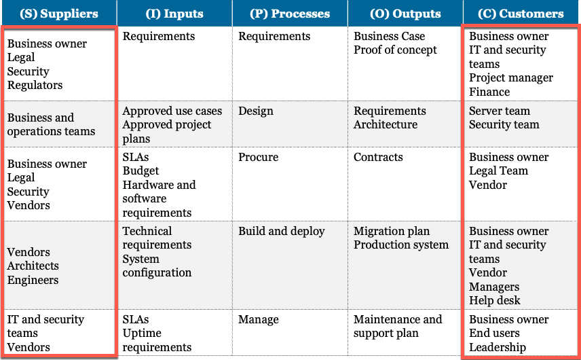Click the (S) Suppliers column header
click(x=59, y=14)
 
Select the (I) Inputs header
click(x=174, y=14)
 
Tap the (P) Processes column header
click(x=290, y=14)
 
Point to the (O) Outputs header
click(x=405, y=14)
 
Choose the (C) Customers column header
click(x=521, y=14)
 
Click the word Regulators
click(x=35, y=86)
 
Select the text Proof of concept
click(x=395, y=50)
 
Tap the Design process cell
click(x=256, y=111)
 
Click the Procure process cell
click(x=259, y=157)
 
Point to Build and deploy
click(x=282, y=231)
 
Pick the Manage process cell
click(x=259, y=320)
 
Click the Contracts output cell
click(x=378, y=157)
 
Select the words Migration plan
click(x=392, y=231)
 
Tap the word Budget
click(x=140, y=171)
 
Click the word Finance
click(x=489, y=92)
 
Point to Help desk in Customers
click(x=495, y=300)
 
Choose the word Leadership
click(x=498, y=347)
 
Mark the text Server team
click(x=500, y=111)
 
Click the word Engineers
click(x=33, y=281)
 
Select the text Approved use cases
click(x=172, y=111)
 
